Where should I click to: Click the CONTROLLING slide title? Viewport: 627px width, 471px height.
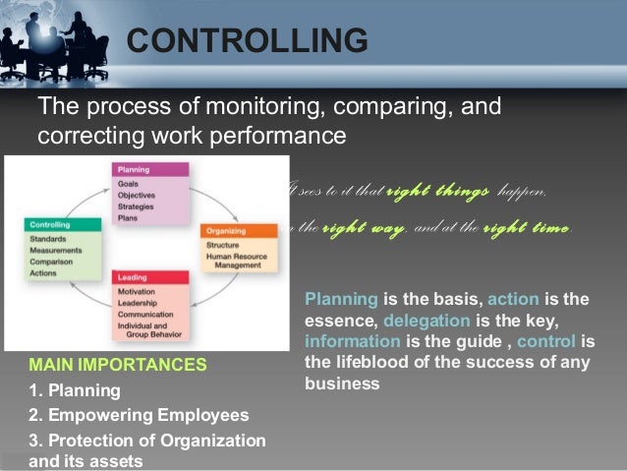pos(248,40)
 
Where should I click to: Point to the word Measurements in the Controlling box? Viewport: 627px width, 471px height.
pos(56,250)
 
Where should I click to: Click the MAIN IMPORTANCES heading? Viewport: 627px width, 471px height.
pos(118,365)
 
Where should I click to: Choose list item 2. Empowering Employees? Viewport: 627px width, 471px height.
pos(139,415)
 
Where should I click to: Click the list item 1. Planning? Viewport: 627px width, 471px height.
pos(75,390)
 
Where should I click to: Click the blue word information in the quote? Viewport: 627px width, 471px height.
pos(353,342)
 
